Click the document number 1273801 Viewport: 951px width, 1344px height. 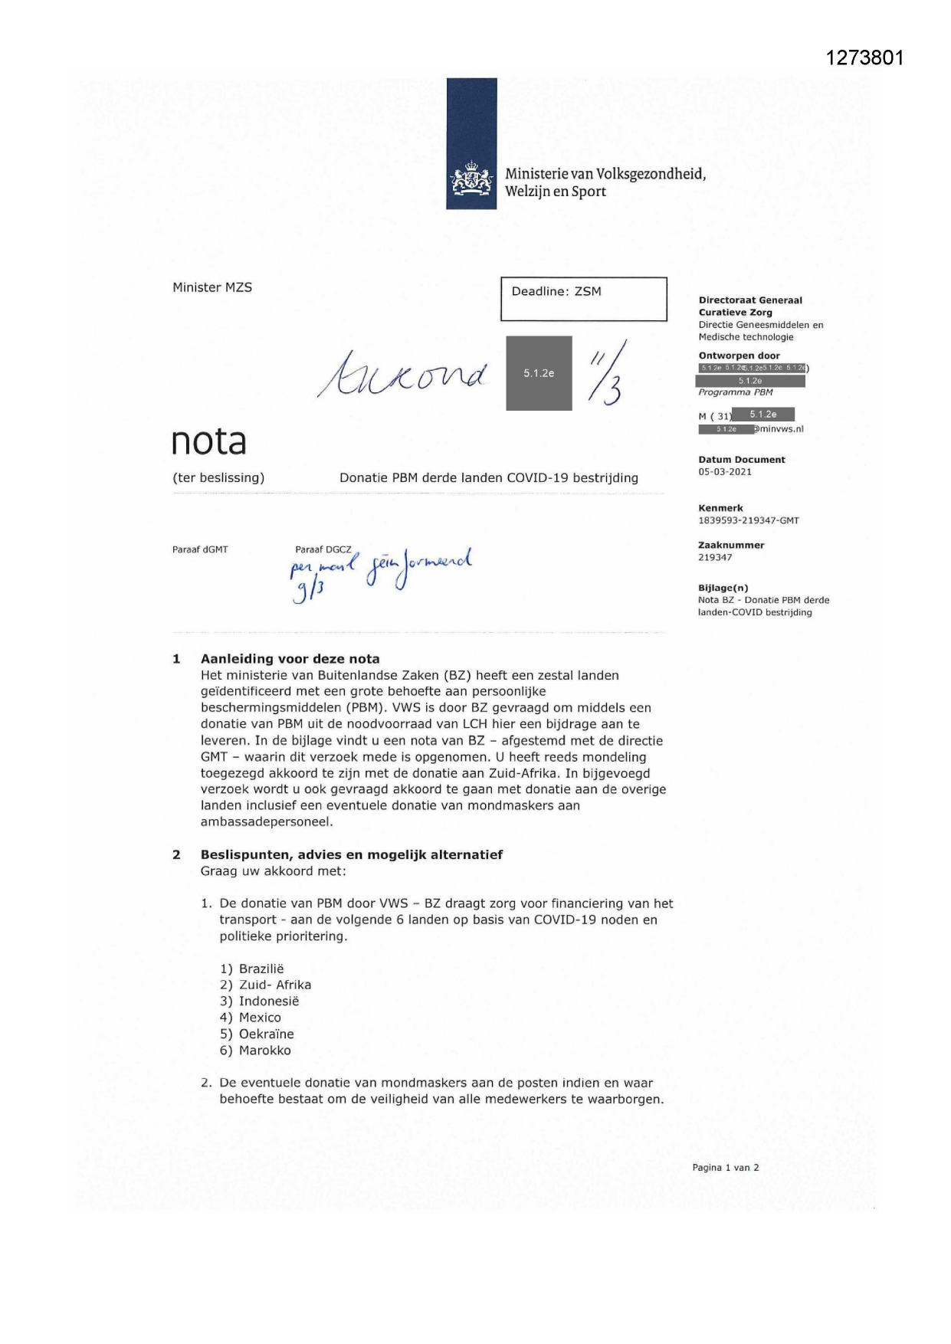(864, 58)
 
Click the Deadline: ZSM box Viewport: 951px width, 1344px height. (583, 298)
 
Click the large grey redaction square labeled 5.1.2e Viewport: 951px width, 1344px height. (539, 373)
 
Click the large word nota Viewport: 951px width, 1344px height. (208, 441)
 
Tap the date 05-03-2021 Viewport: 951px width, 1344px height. (725, 472)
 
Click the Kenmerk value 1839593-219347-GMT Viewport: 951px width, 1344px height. (748, 521)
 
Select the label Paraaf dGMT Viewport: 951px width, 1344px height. (200, 549)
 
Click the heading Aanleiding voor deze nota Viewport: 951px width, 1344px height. (290, 659)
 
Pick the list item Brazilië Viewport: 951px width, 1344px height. (261, 969)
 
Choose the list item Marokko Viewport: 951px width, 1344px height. (264, 1051)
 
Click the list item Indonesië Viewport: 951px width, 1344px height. (268, 1001)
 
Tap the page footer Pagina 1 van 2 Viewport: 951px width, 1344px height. (725, 1168)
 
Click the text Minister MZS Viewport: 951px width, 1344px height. (212, 287)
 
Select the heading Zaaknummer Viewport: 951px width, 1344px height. (731, 546)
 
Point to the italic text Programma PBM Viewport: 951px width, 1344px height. (735, 392)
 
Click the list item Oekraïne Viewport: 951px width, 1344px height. (266, 1034)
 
